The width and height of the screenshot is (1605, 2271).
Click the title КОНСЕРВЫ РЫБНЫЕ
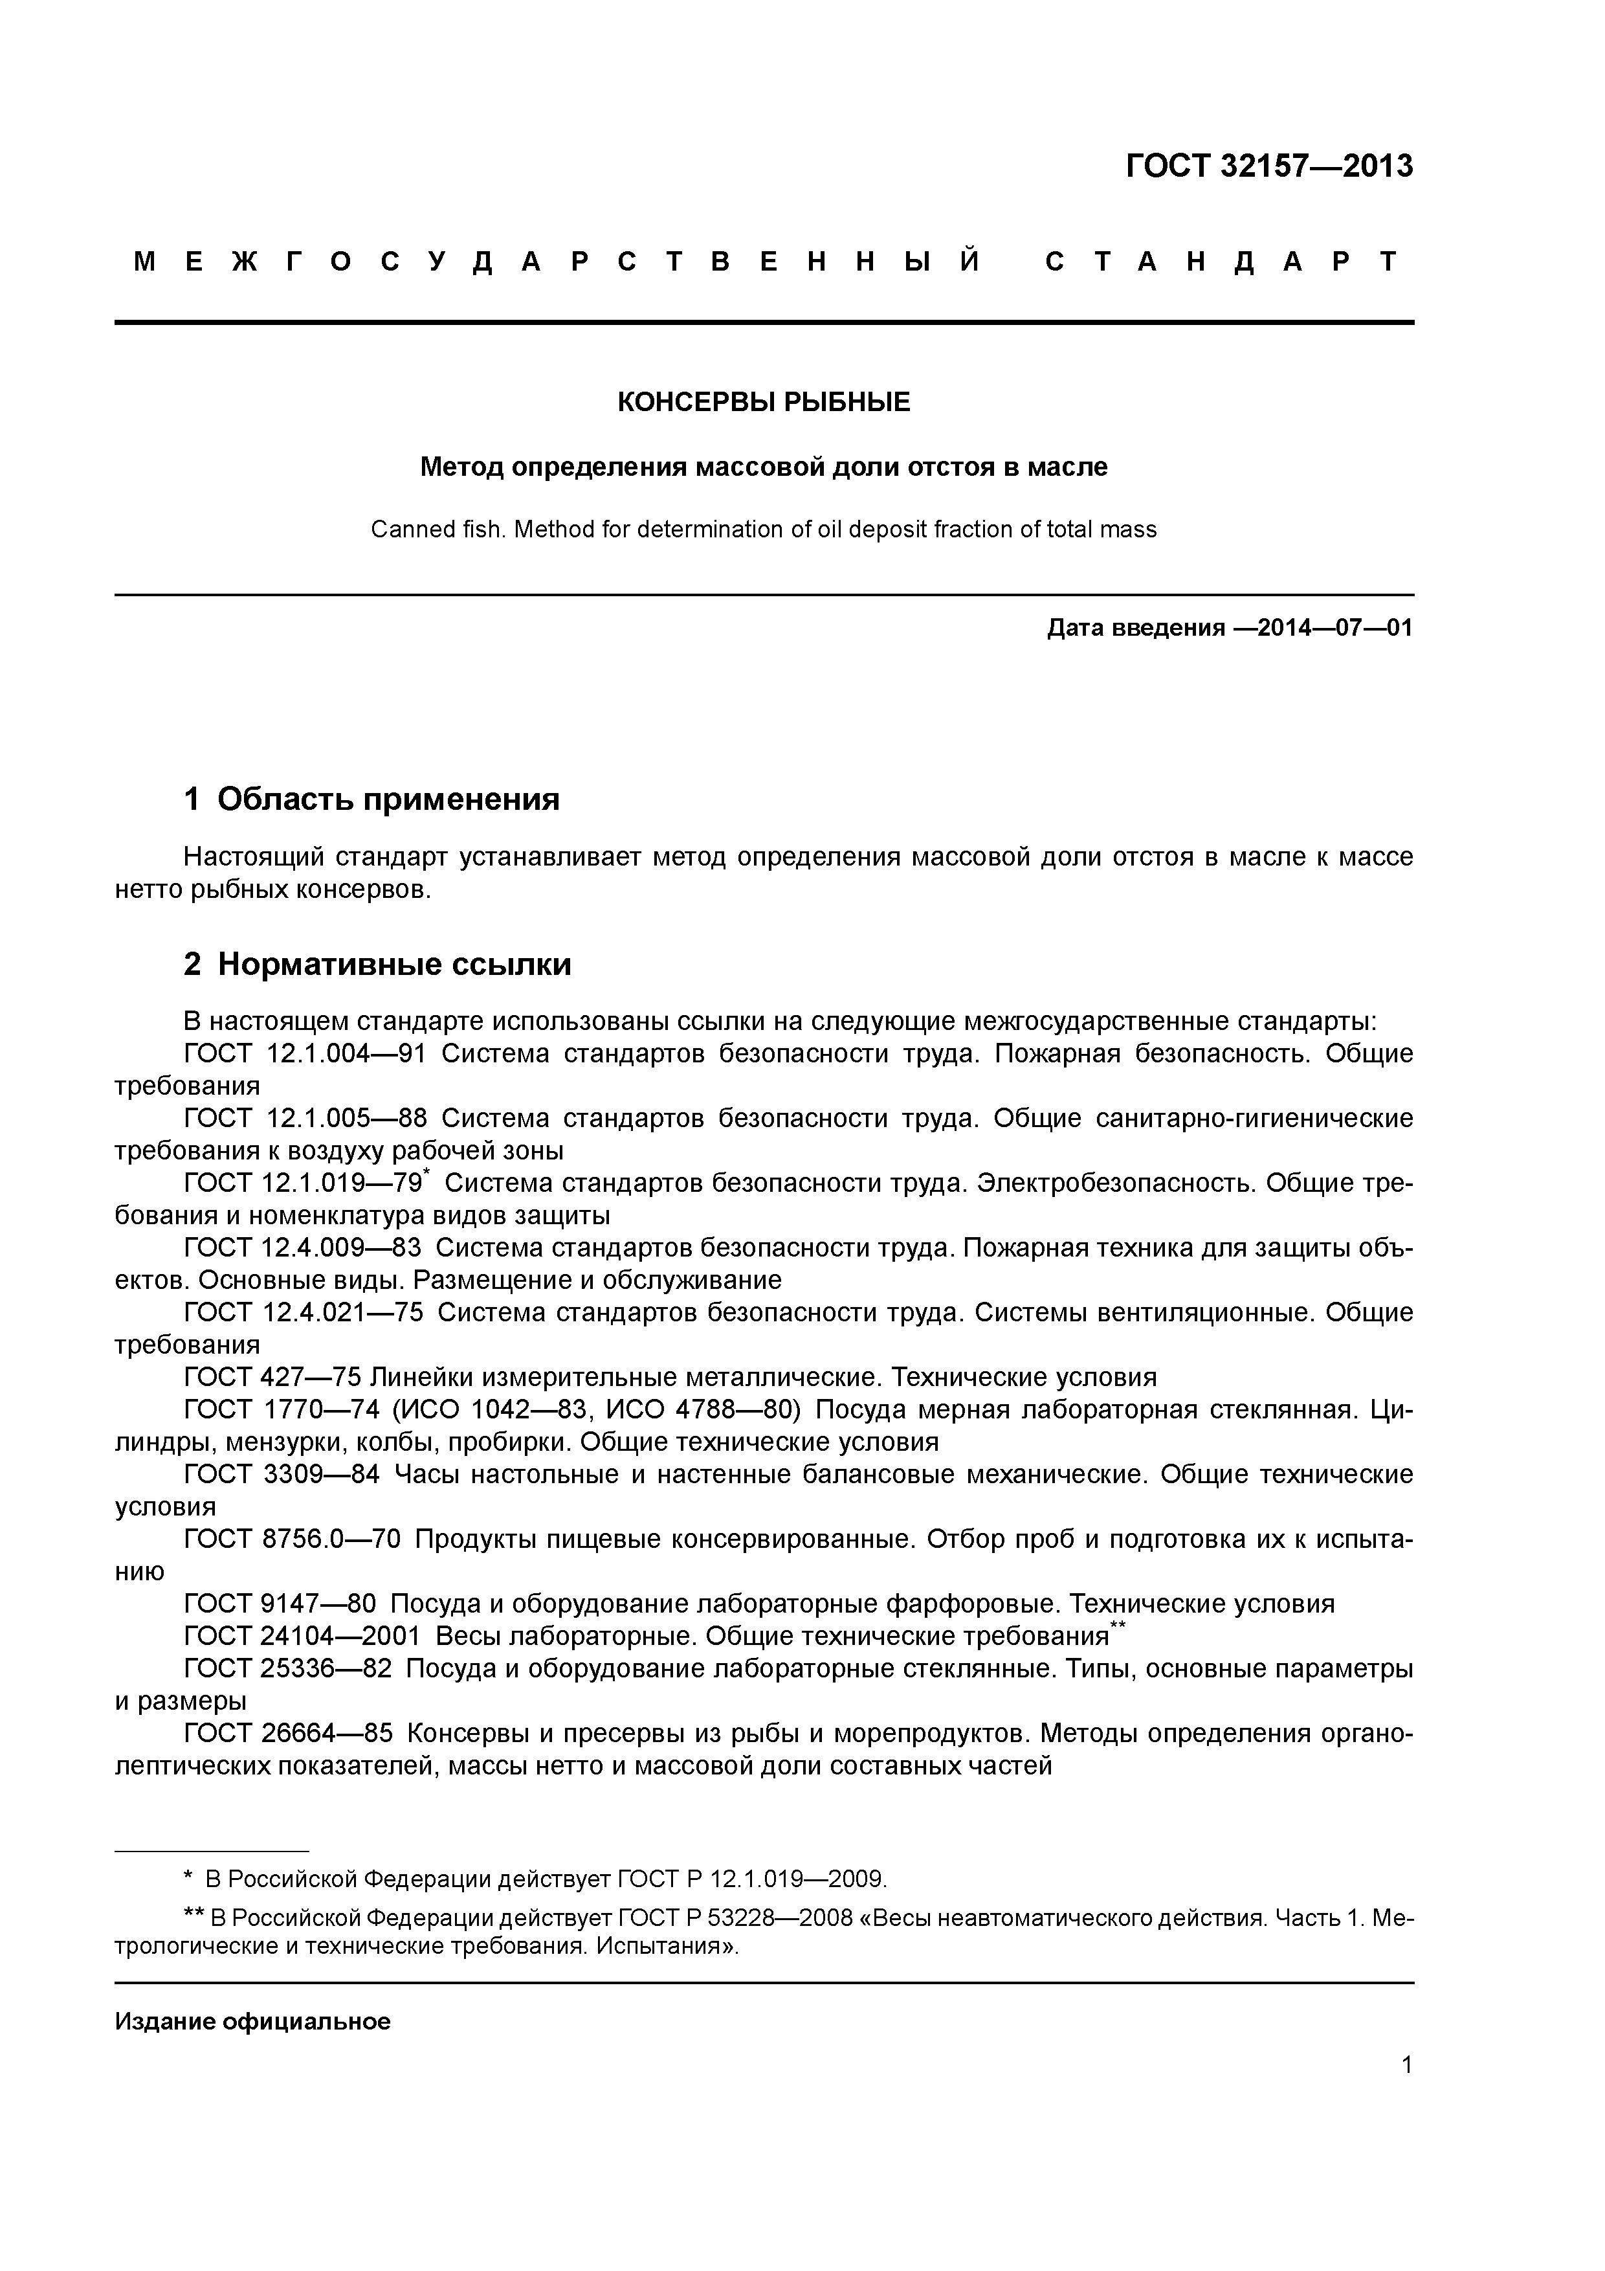(764, 403)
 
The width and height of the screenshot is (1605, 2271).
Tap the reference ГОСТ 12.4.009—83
(302, 1248)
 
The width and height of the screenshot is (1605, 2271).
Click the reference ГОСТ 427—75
(274, 1378)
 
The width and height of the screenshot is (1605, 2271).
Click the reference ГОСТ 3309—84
(281, 1475)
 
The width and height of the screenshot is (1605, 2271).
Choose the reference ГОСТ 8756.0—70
(293, 1540)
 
